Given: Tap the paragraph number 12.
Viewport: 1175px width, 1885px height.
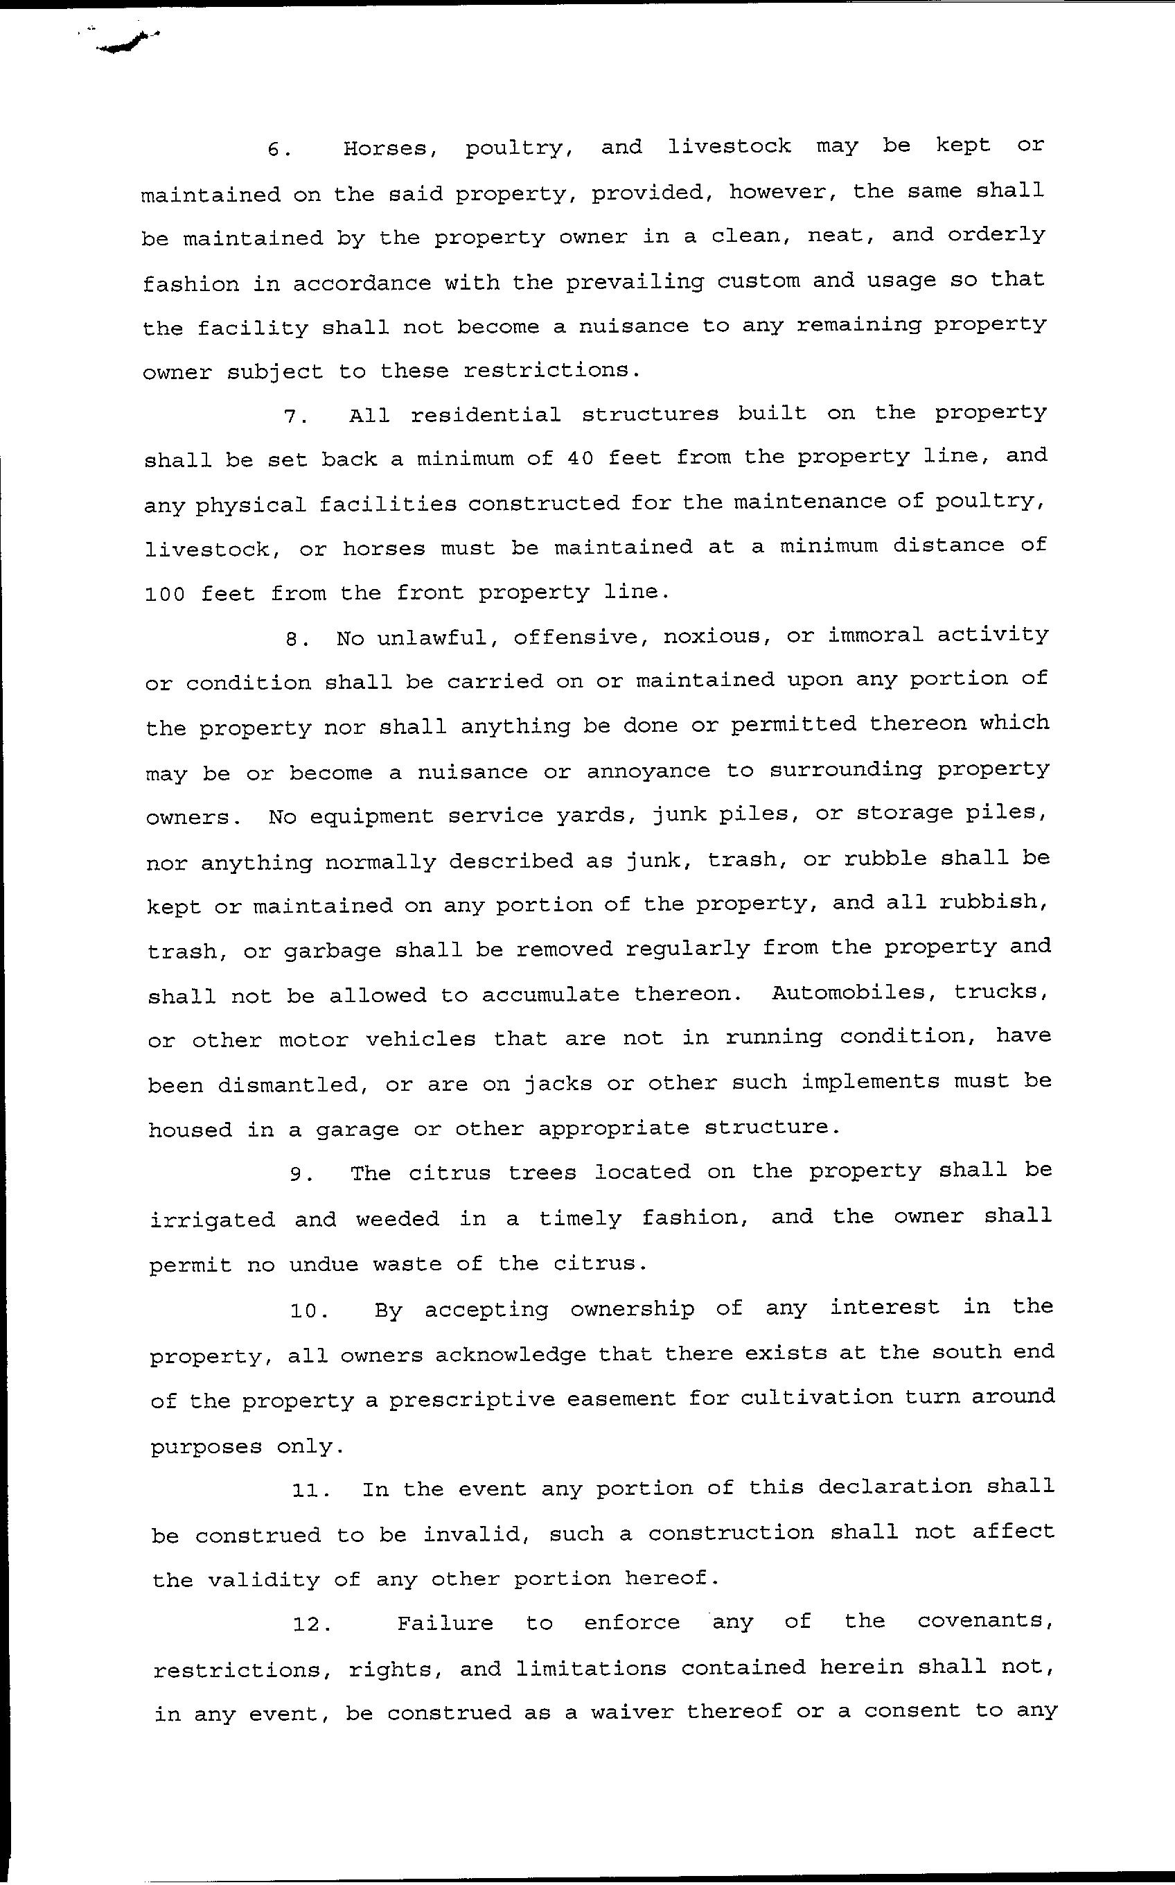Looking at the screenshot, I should point(312,1623).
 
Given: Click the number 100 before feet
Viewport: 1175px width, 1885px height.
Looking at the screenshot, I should point(165,595).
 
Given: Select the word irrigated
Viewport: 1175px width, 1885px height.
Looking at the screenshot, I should point(212,1220).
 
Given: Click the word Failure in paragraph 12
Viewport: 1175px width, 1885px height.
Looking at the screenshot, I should point(445,1622).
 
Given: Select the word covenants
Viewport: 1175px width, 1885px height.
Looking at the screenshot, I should point(984,1621).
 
